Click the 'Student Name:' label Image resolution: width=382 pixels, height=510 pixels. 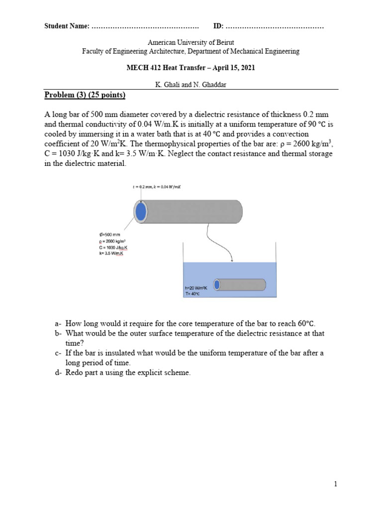[x=67, y=25]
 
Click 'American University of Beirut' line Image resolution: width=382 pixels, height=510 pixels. [x=191, y=43]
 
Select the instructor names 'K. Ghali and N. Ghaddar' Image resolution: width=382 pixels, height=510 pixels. [x=191, y=85]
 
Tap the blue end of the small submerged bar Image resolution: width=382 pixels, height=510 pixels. [x=217, y=284]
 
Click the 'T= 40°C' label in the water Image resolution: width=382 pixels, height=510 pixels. [x=192, y=294]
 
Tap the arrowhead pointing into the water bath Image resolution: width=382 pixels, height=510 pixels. [x=231, y=259]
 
